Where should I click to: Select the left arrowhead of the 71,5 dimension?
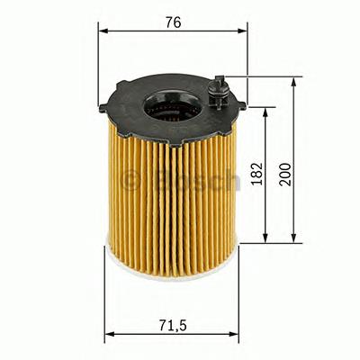(110, 334)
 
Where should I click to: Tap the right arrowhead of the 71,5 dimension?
(234, 334)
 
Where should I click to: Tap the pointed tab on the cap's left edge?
(103, 111)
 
